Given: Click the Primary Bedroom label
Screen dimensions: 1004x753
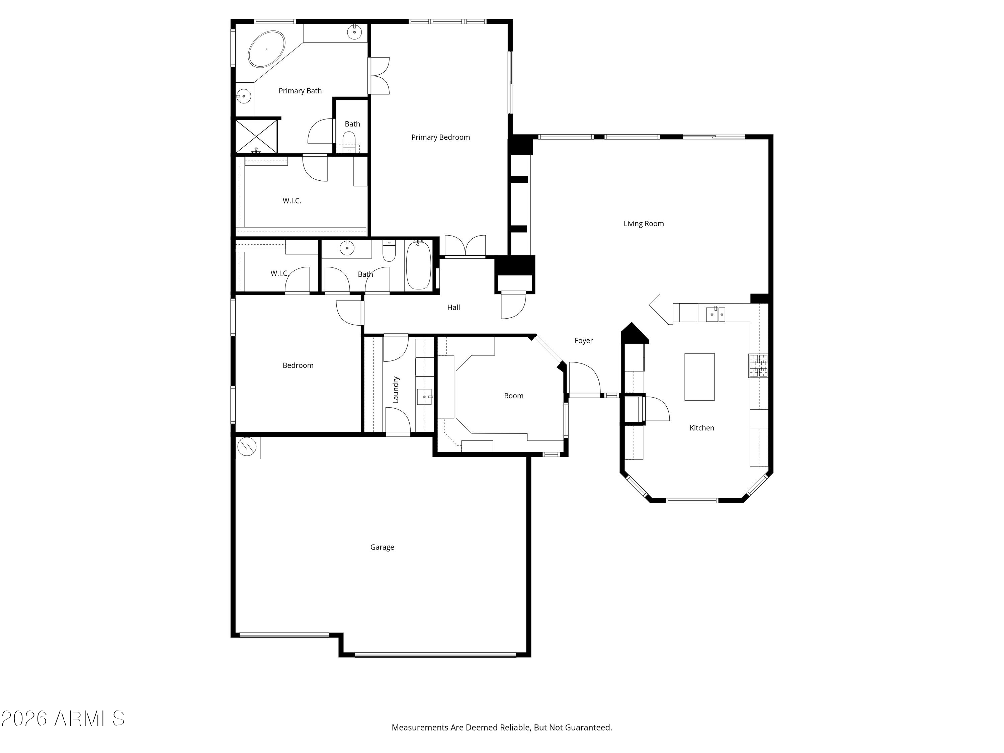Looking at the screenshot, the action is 440,137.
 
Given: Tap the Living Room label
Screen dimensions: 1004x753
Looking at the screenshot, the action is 644,223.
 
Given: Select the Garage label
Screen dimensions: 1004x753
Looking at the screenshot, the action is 382,547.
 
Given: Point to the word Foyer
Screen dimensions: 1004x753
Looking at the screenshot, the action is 584,340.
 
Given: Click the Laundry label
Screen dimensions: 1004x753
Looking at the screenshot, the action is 395,390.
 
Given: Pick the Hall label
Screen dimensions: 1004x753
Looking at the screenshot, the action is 453,307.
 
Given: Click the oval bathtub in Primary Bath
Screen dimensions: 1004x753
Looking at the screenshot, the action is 267,49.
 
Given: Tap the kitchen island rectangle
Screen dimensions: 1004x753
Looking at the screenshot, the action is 699,377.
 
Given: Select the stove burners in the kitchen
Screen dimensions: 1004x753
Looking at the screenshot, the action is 758,365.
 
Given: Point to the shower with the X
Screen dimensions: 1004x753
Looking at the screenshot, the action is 256,136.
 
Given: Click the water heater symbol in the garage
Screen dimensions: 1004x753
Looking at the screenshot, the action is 248,447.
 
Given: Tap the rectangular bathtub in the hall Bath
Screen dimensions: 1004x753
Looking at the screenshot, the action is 418,265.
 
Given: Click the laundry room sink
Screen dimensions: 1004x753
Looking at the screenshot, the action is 425,397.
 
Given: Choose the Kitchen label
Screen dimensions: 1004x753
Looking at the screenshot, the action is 702,428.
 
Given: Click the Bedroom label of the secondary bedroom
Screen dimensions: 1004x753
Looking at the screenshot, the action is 298,365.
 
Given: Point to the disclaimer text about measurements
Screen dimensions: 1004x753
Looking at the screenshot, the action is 502,727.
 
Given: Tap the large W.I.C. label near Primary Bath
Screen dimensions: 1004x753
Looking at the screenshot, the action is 292,200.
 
